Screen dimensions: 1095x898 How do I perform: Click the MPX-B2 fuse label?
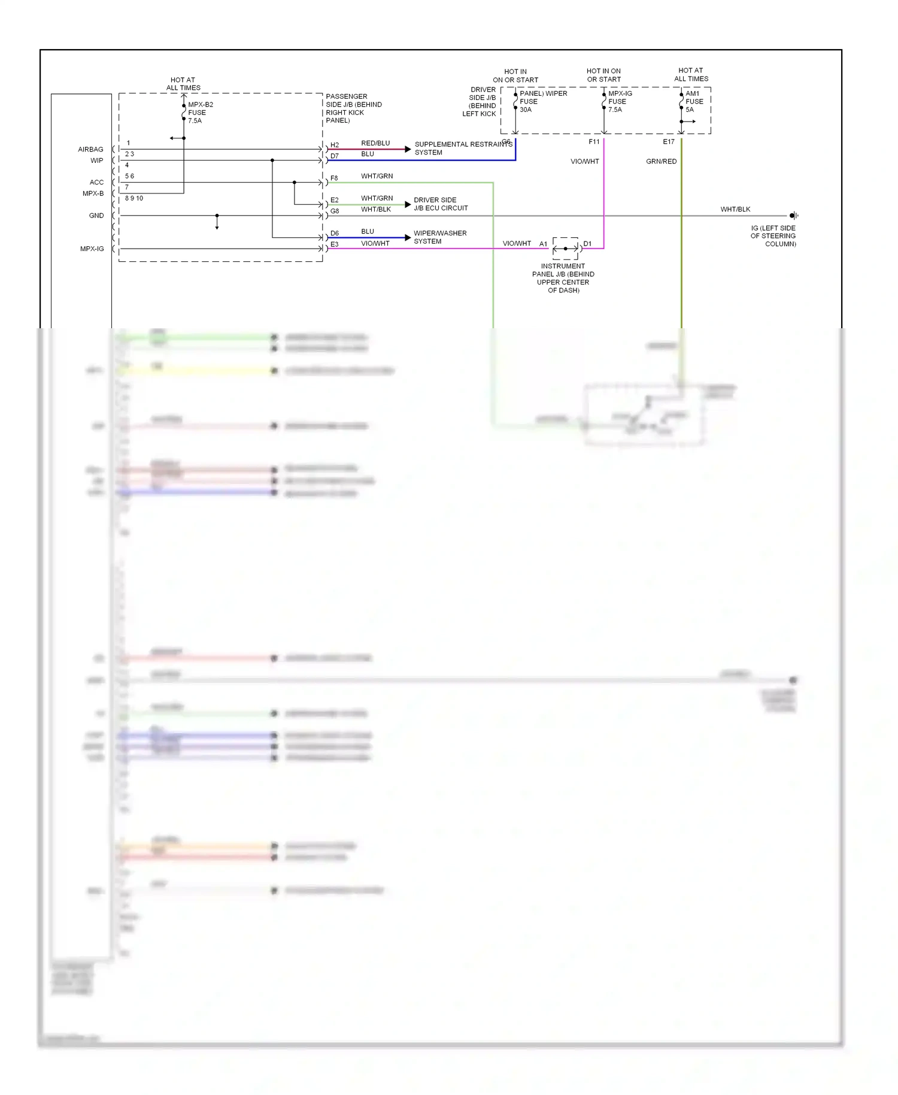200,113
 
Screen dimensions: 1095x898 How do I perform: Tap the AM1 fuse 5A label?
694,102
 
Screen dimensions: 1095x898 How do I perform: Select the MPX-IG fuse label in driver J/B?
620,102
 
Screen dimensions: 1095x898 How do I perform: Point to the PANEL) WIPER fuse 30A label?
542,101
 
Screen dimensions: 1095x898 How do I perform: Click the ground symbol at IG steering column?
793,216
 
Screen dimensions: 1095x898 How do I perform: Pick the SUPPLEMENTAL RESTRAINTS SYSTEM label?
463,149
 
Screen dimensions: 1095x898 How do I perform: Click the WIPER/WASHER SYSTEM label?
440,237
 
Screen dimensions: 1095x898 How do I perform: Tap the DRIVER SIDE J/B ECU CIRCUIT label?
441,204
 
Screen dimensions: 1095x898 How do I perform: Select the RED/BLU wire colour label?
375,143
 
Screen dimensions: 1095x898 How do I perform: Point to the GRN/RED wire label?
661,162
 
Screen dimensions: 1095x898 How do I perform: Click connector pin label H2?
335,146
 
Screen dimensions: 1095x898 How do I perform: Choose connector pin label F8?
334,179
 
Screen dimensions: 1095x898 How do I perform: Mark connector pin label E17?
668,142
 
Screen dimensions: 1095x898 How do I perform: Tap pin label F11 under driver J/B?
594,142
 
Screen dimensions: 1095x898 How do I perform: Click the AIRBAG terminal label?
90,150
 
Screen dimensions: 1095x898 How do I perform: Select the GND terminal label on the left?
96,216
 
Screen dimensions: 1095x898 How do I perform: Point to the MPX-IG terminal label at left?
92,249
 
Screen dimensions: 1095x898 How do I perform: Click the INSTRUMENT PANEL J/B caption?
563,279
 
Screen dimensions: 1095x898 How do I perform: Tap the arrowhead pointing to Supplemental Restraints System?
408,149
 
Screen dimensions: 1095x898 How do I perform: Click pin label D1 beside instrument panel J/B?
587,244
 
